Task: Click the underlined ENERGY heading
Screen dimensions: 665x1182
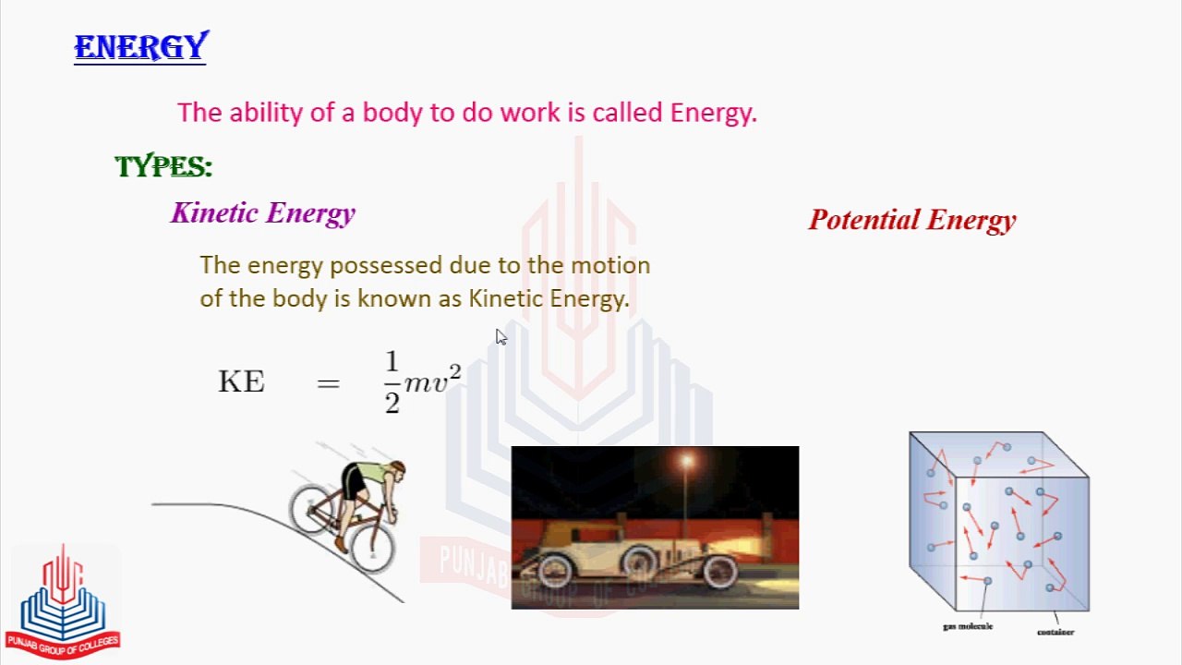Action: coord(140,47)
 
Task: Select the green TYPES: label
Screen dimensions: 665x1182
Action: coord(163,167)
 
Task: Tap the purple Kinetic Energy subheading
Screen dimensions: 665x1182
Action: coord(263,213)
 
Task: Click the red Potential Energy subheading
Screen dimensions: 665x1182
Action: coord(912,220)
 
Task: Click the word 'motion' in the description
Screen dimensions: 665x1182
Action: coord(610,265)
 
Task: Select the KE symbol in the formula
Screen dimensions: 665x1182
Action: coord(241,381)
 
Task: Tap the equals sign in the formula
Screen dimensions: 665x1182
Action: coord(328,382)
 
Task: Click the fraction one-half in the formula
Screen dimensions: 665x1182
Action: coord(392,381)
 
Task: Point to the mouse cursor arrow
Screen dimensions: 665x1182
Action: coord(500,336)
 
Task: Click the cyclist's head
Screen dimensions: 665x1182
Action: coord(395,470)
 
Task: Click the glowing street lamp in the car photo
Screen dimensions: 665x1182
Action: coord(686,461)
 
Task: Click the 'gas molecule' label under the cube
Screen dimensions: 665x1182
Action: coord(968,626)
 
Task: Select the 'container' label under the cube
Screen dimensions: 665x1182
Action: coord(1055,633)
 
